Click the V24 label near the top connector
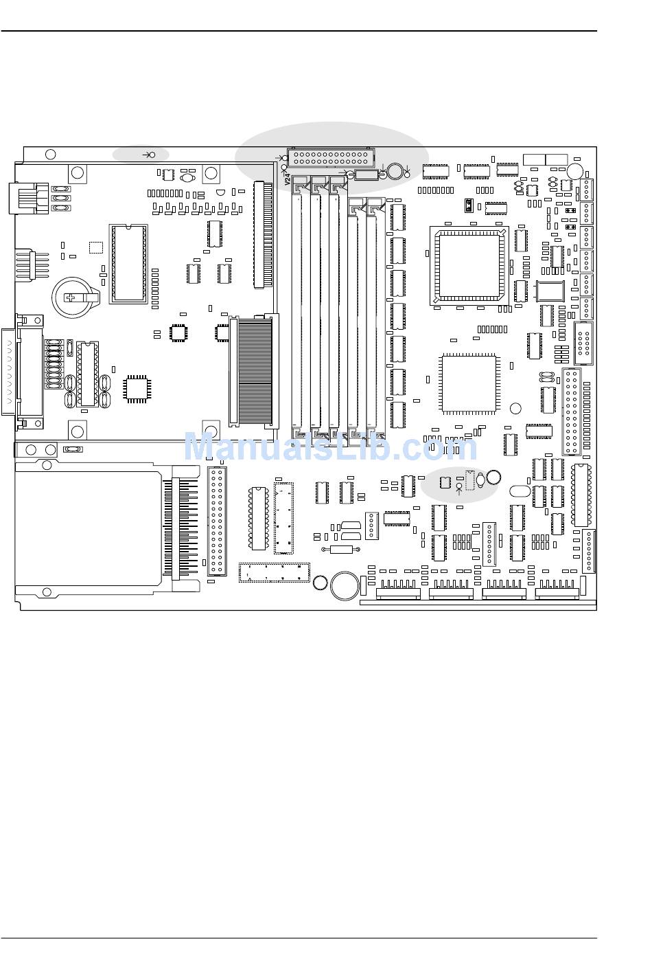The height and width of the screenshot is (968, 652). coord(288,179)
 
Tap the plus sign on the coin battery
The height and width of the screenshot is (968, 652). coord(71,297)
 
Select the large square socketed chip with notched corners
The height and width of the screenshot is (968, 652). coord(468,264)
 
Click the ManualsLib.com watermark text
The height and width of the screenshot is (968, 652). coord(330,448)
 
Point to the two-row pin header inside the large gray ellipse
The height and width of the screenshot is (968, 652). coord(330,157)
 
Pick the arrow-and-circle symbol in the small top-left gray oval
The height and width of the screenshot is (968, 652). coord(148,155)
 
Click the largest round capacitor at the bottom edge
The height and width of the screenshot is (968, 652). coord(345,586)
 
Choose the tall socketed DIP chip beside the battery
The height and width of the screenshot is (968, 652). coord(128,262)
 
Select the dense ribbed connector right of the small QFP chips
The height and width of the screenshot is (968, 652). coord(254,372)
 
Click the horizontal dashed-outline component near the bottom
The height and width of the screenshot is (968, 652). coord(274,572)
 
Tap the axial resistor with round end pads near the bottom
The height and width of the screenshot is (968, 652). coord(341,549)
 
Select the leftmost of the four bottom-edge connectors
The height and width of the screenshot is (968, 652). coord(398,589)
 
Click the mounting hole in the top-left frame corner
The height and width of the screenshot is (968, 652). coord(50,154)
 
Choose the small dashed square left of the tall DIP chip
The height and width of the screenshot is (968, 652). coord(95,247)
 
